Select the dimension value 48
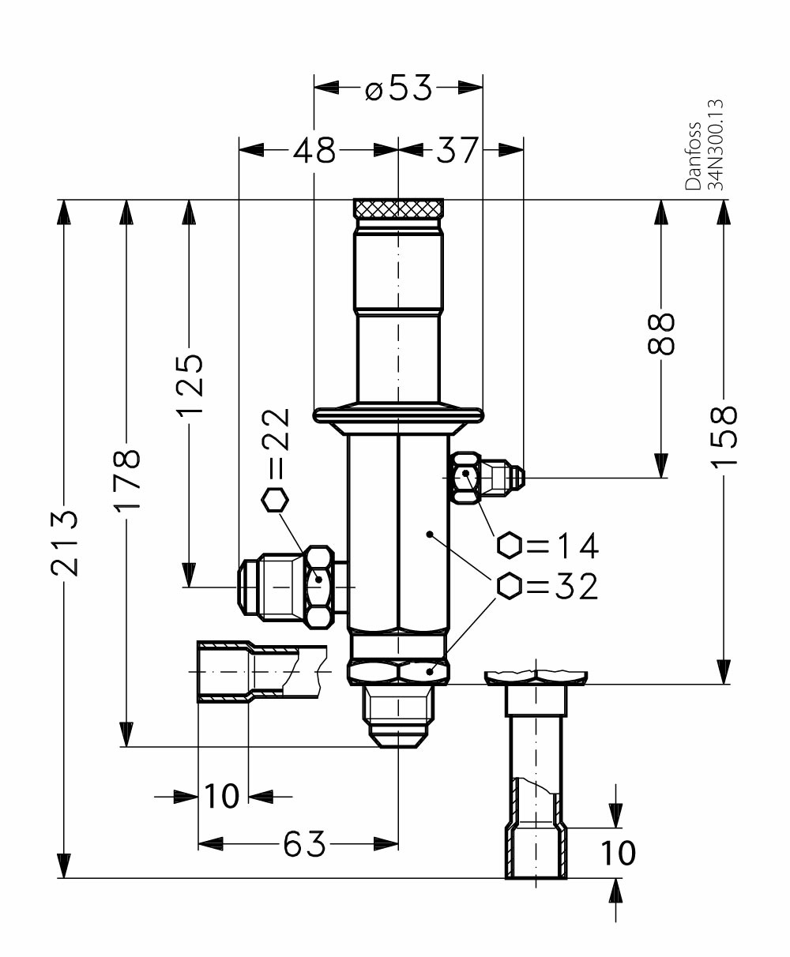pyautogui.click(x=314, y=148)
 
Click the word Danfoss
pyautogui.click(x=694, y=156)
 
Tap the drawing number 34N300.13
pyautogui.click(x=717, y=144)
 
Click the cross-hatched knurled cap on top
pyautogui.click(x=398, y=209)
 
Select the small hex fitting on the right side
pyautogui.click(x=466, y=476)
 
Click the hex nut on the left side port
pyautogui.click(x=319, y=587)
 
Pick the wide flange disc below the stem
pyautogui.click(x=398, y=413)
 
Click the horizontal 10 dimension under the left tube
pyautogui.click(x=222, y=796)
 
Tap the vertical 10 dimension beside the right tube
pyautogui.click(x=617, y=853)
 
